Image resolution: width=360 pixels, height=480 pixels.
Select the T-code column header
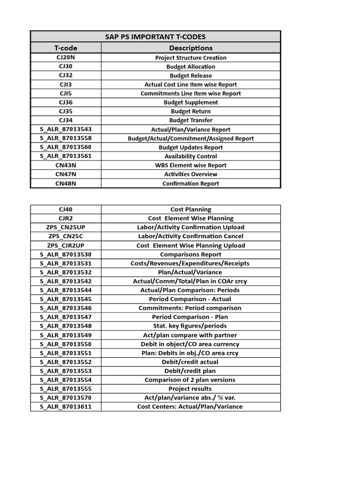pos(66,48)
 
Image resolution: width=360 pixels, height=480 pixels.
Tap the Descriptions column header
pos(190,48)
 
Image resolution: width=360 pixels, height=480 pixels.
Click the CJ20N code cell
pos(66,58)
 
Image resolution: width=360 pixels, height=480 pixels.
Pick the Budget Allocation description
pos(190,67)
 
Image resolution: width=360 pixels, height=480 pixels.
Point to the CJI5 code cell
pos(66,93)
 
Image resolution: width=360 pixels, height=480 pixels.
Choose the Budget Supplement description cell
pos(190,102)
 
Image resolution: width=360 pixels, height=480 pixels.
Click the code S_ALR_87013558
pos(66,138)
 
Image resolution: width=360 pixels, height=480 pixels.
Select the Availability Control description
pos(190,156)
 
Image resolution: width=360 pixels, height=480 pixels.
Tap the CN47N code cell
pos(66,174)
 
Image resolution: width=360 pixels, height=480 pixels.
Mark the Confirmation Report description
pos(190,183)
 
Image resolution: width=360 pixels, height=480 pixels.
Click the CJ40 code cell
pos(66,210)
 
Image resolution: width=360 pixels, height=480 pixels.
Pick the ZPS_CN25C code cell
pos(66,236)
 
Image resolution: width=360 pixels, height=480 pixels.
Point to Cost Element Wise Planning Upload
pos(190,245)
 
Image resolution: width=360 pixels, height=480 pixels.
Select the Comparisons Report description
pos(190,254)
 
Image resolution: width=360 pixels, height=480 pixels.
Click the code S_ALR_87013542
pos(66,281)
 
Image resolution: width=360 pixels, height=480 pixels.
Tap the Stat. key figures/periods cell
pos(190,326)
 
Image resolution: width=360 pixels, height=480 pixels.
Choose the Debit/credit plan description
pos(190,371)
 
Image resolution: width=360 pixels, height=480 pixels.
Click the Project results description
pos(190,389)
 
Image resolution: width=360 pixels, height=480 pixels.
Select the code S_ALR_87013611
pos(66,406)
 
